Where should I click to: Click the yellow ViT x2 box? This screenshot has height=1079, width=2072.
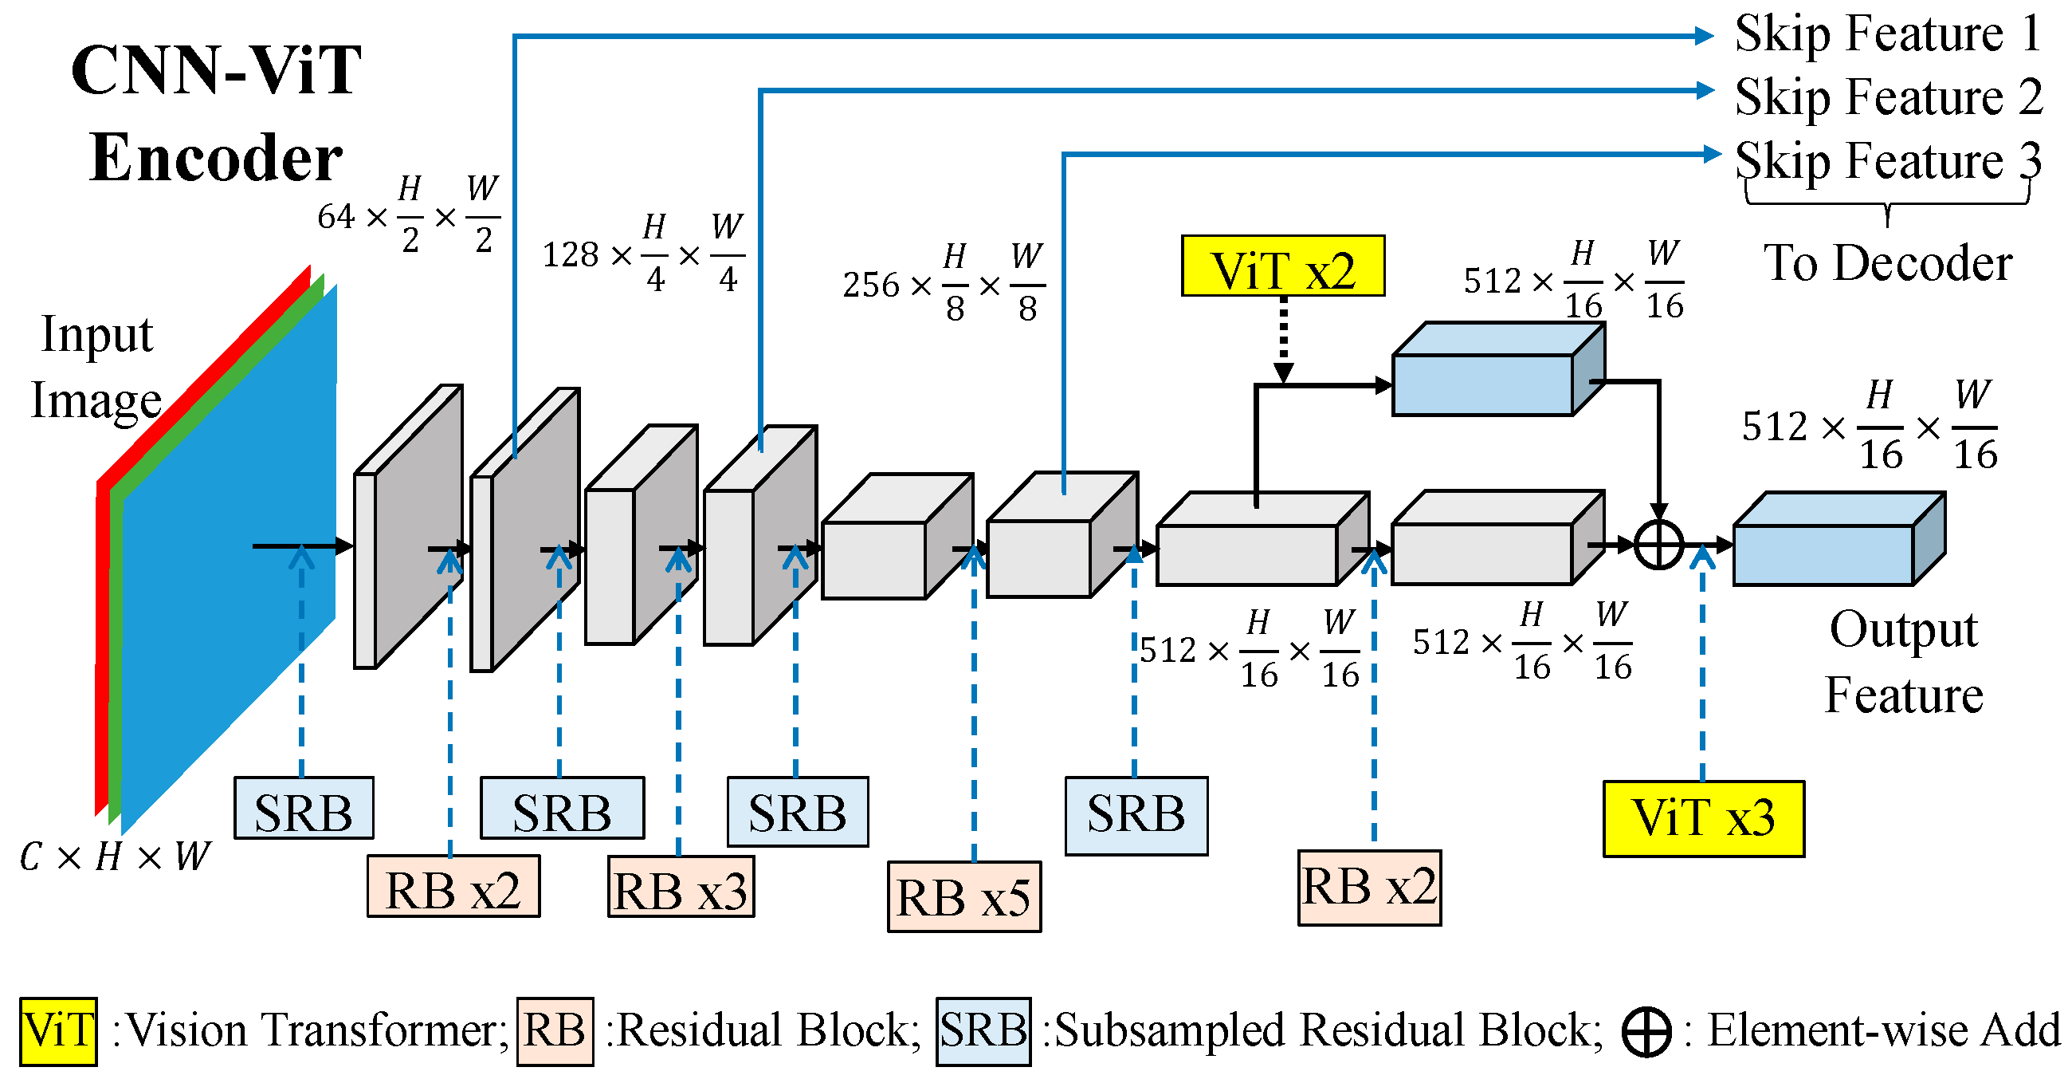pyautogui.click(x=1282, y=266)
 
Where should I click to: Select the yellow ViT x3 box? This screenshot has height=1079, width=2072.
pyautogui.click(x=1703, y=817)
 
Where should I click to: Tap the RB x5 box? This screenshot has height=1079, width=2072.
pyautogui.click(x=963, y=896)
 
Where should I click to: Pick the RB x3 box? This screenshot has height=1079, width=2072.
pyautogui.click(x=681, y=887)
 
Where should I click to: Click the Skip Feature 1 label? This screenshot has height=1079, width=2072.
pyautogui.click(x=1887, y=33)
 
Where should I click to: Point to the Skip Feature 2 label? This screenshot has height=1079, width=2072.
pyautogui.click(x=1887, y=96)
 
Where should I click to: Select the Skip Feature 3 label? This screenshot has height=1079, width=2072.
pyautogui.click(x=1887, y=160)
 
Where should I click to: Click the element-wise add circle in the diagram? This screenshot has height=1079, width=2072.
pyautogui.click(x=1658, y=545)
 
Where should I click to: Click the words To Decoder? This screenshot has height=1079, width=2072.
pyautogui.click(x=1887, y=263)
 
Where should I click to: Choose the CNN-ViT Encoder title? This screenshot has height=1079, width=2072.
pyautogui.click(x=217, y=112)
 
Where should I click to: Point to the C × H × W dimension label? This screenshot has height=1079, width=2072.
pyautogui.click(x=114, y=857)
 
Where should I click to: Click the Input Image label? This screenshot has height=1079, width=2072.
pyautogui.click(x=96, y=367)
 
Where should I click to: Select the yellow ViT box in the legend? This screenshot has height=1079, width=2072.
pyautogui.click(x=58, y=1030)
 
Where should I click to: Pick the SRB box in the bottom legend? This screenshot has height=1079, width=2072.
pyautogui.click(x=983, y=1030)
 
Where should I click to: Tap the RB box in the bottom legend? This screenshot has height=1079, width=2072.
pyautogui.click(x=554, y=1030)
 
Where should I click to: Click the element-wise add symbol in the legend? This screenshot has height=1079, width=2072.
pyautogui.click(x=1646, y=1031)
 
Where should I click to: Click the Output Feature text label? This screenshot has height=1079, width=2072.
pyautogui.click(x=1903, y=661)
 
